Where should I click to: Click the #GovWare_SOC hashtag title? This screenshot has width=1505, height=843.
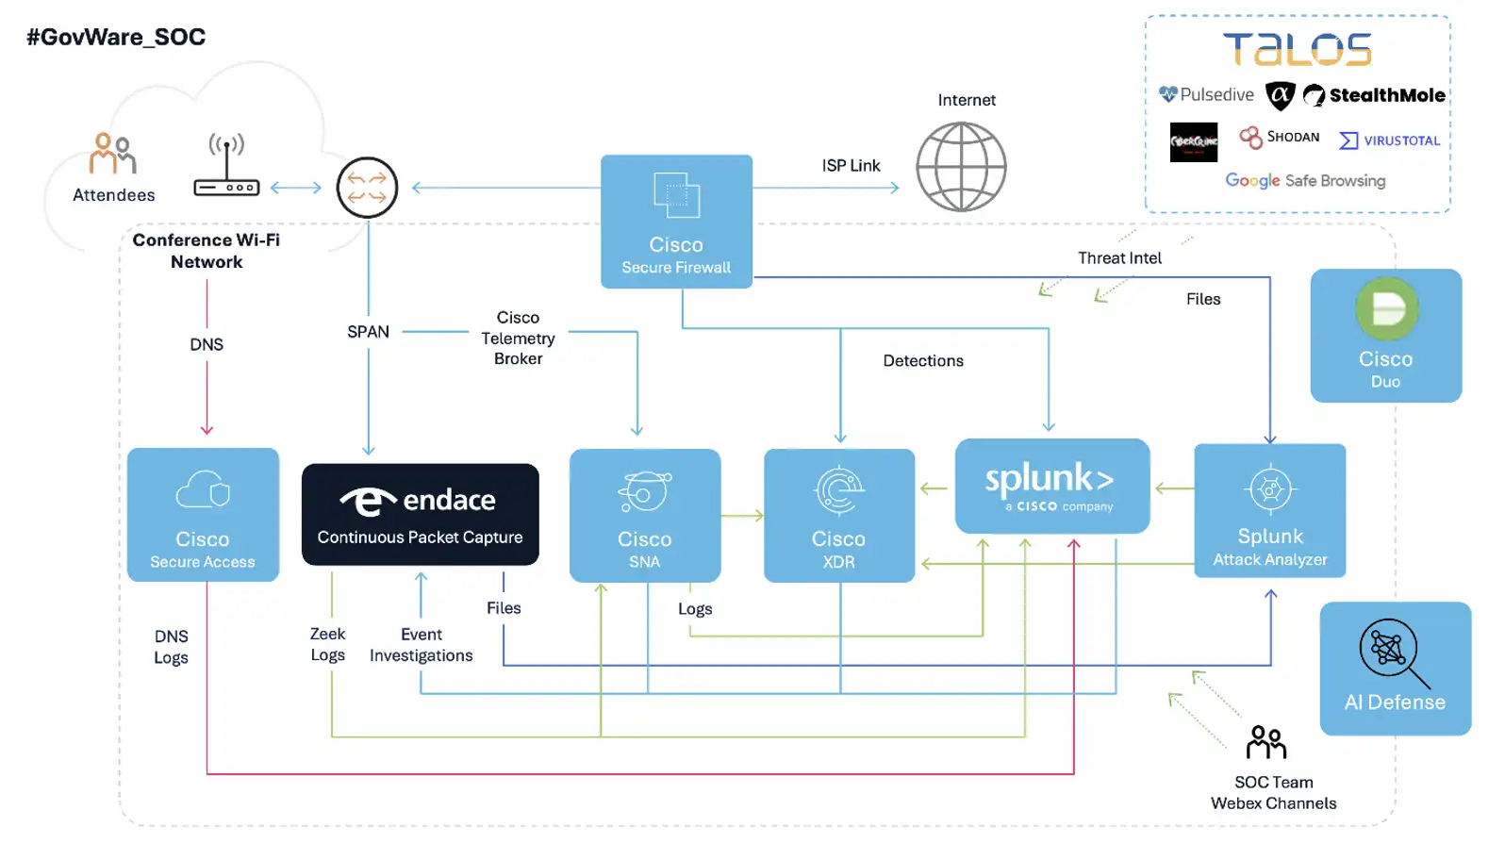click(116, 38)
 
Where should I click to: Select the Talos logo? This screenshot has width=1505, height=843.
click(1298, 50)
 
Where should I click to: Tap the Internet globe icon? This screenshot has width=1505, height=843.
click(961, 168)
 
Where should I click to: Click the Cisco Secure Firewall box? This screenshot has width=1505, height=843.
click(676, 222)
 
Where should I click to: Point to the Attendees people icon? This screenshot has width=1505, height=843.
click(113, 153)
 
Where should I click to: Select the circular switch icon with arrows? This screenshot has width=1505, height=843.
click(367, 188)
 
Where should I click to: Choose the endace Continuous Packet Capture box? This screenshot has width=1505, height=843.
click(420, 515)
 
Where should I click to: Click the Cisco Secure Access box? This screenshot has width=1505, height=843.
click(203, 515)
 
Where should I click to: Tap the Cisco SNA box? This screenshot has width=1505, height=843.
click(645, 515)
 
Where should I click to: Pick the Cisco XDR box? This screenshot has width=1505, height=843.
click(838, 515)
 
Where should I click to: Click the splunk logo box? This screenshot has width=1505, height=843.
click(1051, 486)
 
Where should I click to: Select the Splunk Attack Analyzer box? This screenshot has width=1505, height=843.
click(1269, 510)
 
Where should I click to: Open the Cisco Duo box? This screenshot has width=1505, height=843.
click(1385, 336)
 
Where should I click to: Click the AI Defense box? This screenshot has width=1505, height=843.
click(1395, 669)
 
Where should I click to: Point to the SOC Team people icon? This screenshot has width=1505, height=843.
click(1265, 743)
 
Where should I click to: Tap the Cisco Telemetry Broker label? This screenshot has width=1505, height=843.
click(518, 338)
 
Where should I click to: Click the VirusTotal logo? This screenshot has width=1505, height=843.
click(1389, 140)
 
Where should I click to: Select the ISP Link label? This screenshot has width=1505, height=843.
click(851, 166)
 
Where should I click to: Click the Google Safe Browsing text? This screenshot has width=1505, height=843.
click(1305, 180)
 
